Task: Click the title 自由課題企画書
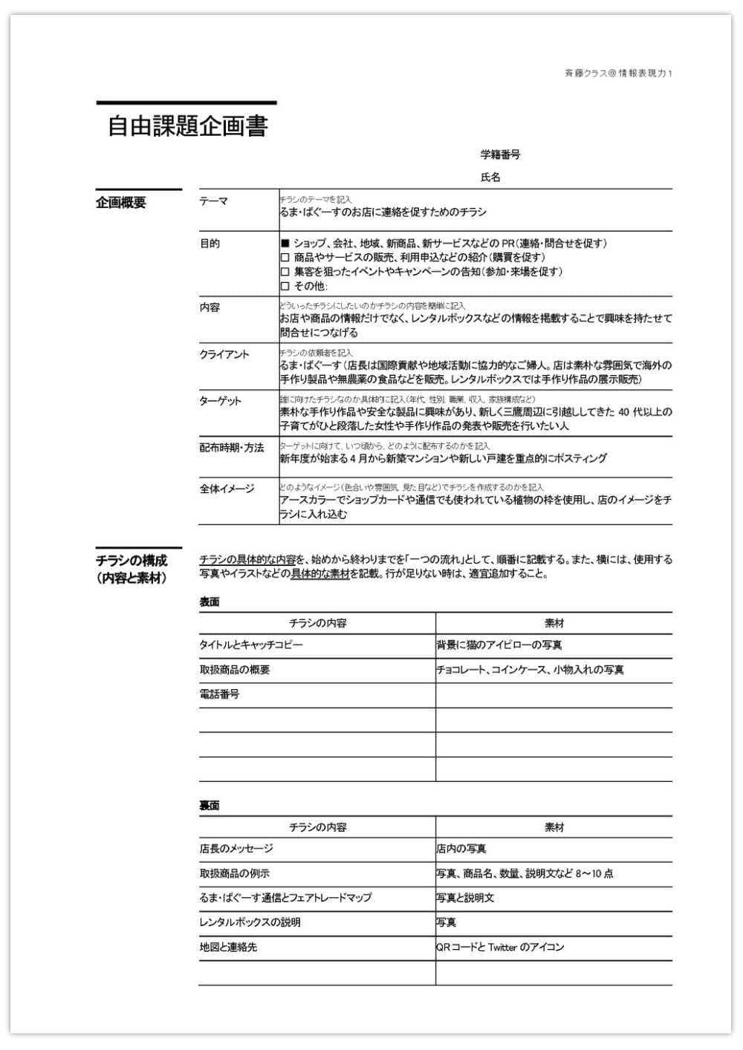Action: (x=187, y=126)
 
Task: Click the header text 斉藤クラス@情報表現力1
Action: (x=618, y=74)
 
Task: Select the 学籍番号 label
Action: (x=500, y=154)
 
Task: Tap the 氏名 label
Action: (x=490, y=177)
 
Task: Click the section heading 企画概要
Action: (x=121, y=203)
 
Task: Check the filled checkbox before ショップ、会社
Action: (x=285, y=244)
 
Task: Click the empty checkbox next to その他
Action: (x=285, y=286)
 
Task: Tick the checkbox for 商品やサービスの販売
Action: (x=285, y=258)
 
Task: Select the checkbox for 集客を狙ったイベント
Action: (x=285, y=272)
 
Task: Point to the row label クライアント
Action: (x=224, y=354)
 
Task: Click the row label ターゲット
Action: (x=220, y=401)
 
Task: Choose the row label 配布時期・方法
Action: (x=232, y=448)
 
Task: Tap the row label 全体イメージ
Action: (x=227, y=489)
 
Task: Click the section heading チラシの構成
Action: (x=132, y=561)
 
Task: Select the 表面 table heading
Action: (x=210, y=601)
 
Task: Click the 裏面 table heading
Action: (x=210, y=805)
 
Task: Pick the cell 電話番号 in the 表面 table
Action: (x=219, y=694)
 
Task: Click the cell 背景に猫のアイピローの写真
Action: (x=499, y=645)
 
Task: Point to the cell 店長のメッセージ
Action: (x=236, y=849)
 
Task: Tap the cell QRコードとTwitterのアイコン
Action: (x=500, y=948)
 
